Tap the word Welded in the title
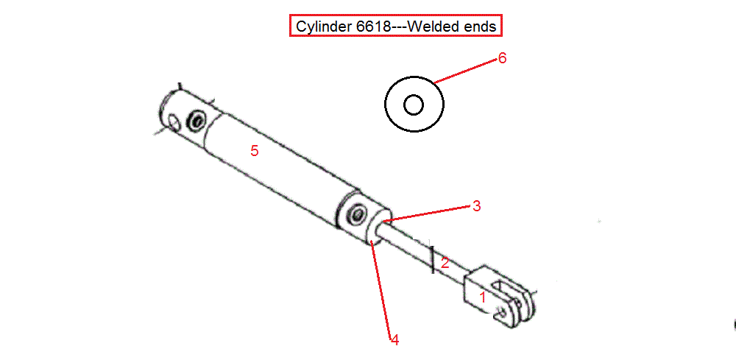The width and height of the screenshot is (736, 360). pyautogui.click(x=429, y=27)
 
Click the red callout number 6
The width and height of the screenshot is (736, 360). pyautogui.click(x=502, y=58)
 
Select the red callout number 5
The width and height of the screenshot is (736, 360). pyautogui.click(x=255, y=151)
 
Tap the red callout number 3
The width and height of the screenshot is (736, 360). pyautogui.click(x=476, y=205)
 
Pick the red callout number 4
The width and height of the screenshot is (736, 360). pyautogui.click(x=394, y=340)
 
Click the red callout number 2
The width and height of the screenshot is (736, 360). pyautogui.click(x=445, y=262)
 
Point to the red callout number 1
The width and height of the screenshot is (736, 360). pyautogui.click(x=482, y=297)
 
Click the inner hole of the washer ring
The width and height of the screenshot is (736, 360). pyautogui.click(x=414, y=105)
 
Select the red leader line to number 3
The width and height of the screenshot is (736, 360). pyautogui.click(x=425, y=213)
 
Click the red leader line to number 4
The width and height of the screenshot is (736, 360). pyautogui.click(x=381, y=288)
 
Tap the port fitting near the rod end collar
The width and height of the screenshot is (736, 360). pyautogui.click(x=357, y=215)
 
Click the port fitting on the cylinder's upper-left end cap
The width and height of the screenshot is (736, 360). pyautogui.click(x=196, y=121)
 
